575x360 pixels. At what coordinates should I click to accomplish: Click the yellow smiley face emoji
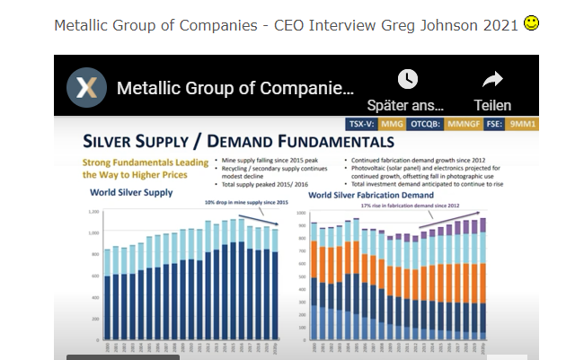[x=531, y=23]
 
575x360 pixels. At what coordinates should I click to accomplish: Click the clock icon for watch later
[x=407, y=79]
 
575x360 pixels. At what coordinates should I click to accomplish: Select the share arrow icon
[x=491, y=79]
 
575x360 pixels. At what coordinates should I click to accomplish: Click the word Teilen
[x=491, y=105]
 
